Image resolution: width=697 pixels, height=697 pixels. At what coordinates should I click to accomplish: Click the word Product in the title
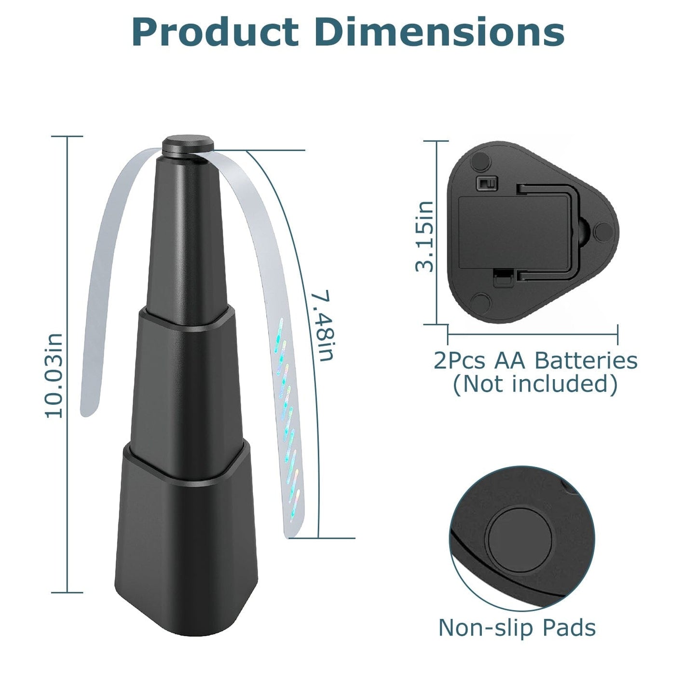click(215, 32)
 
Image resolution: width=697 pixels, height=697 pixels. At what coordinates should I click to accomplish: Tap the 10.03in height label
click(54, 375)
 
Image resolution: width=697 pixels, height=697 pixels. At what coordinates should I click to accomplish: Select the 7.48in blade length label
click(322, 325)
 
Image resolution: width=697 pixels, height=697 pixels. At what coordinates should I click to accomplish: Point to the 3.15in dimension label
click(424, 236)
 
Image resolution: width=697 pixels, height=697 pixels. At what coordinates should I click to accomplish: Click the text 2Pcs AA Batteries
click(535, 361)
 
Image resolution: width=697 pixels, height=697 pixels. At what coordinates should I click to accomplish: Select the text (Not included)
click(535, 384)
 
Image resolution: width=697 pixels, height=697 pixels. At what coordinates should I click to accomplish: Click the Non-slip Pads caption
click(517, 628)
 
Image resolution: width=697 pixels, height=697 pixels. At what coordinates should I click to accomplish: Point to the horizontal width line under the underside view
click(533, 333)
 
